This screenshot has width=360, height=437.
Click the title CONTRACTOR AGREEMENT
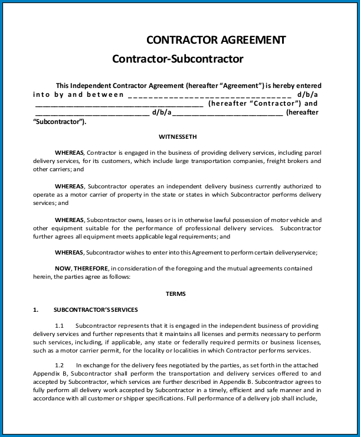[x=216, y=40]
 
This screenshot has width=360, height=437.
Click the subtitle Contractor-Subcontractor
[x=178, y=59]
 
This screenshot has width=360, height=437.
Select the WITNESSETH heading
[x=178, y=136]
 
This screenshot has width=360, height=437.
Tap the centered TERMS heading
[x=175, y=293]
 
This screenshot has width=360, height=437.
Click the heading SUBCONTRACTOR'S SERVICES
[x=96, y=309]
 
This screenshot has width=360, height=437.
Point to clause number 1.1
[x=60, y=325]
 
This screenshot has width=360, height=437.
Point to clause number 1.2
[x=60, y=365]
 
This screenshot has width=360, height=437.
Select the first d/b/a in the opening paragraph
[x=308, y=94]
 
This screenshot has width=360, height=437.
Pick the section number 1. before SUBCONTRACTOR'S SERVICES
[x=35, y=309]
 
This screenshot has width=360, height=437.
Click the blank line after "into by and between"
[x=210, y=94]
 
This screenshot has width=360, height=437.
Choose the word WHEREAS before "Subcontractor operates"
[x=70, y=186]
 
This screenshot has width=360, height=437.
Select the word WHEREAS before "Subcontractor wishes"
[x=70, y=252]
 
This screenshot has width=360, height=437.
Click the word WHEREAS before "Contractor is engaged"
[x=70, y=152]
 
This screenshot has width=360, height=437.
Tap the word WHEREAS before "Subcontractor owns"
[x=70, y=220]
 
